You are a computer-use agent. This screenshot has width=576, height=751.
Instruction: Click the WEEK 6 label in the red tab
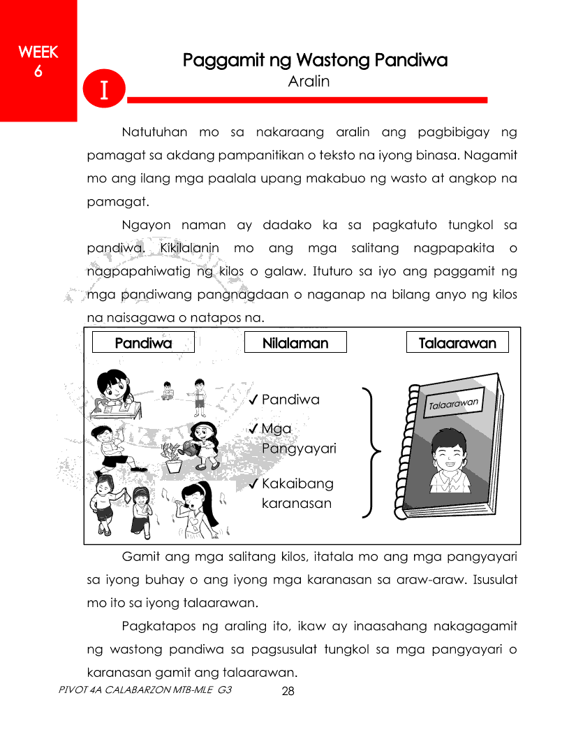[x=38, y=61]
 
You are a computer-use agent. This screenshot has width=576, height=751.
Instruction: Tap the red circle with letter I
[x=103, y=91]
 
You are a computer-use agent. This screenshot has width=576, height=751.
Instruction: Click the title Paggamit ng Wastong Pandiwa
[x=315, y=61]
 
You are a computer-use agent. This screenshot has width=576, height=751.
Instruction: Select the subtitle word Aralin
[x=309, y=82]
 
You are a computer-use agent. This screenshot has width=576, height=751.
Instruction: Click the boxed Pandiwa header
[x=143, y=343]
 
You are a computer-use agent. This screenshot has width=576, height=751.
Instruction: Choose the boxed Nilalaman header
[x=295, y=343]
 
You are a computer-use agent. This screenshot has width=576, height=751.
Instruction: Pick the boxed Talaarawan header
[x=457, y=343]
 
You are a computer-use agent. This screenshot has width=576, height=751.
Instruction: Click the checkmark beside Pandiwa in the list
[x=254, y=400]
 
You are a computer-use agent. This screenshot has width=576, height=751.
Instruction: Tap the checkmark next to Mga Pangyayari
[x=254, y=428]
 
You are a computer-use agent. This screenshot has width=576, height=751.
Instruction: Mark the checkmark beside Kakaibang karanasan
[x=254, y=483]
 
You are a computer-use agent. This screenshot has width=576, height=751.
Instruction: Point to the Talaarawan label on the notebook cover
[x=453, y=404]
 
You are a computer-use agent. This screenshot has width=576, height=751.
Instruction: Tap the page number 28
[x=288, y=692]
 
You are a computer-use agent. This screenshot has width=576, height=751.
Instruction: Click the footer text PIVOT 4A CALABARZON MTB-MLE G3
[x=145, y=690]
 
